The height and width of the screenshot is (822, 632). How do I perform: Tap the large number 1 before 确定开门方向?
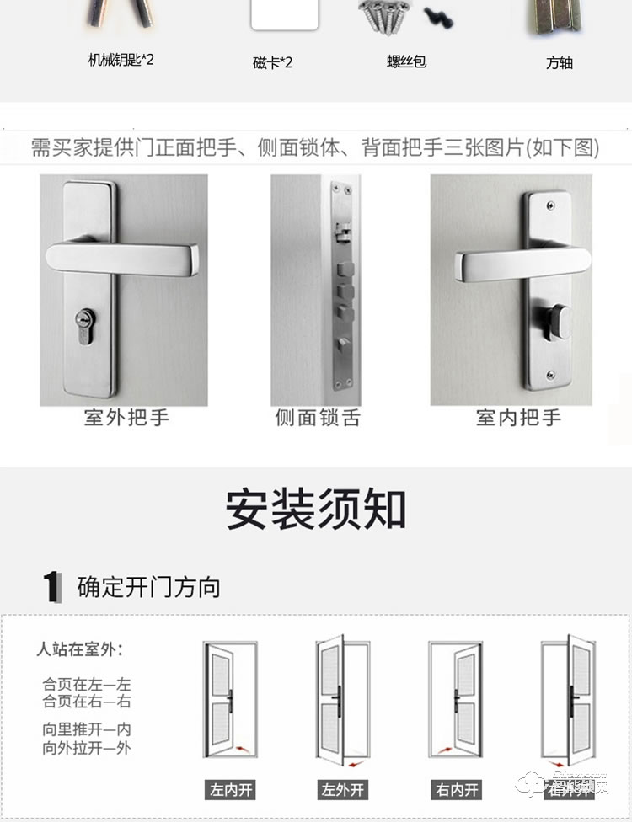point(52,587)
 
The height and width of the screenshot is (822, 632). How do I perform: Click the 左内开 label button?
point(231,790)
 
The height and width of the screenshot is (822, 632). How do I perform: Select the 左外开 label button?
point(342,790)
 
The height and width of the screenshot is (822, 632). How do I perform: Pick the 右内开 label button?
point(457,790)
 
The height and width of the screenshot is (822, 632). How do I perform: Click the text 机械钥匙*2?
point(121,60)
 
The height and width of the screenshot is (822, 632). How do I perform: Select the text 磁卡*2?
point(273,62)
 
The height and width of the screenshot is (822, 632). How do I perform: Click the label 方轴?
point(559,62)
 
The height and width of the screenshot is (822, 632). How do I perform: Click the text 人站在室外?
point(79,649)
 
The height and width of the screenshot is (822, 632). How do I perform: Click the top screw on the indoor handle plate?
point(551,204)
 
